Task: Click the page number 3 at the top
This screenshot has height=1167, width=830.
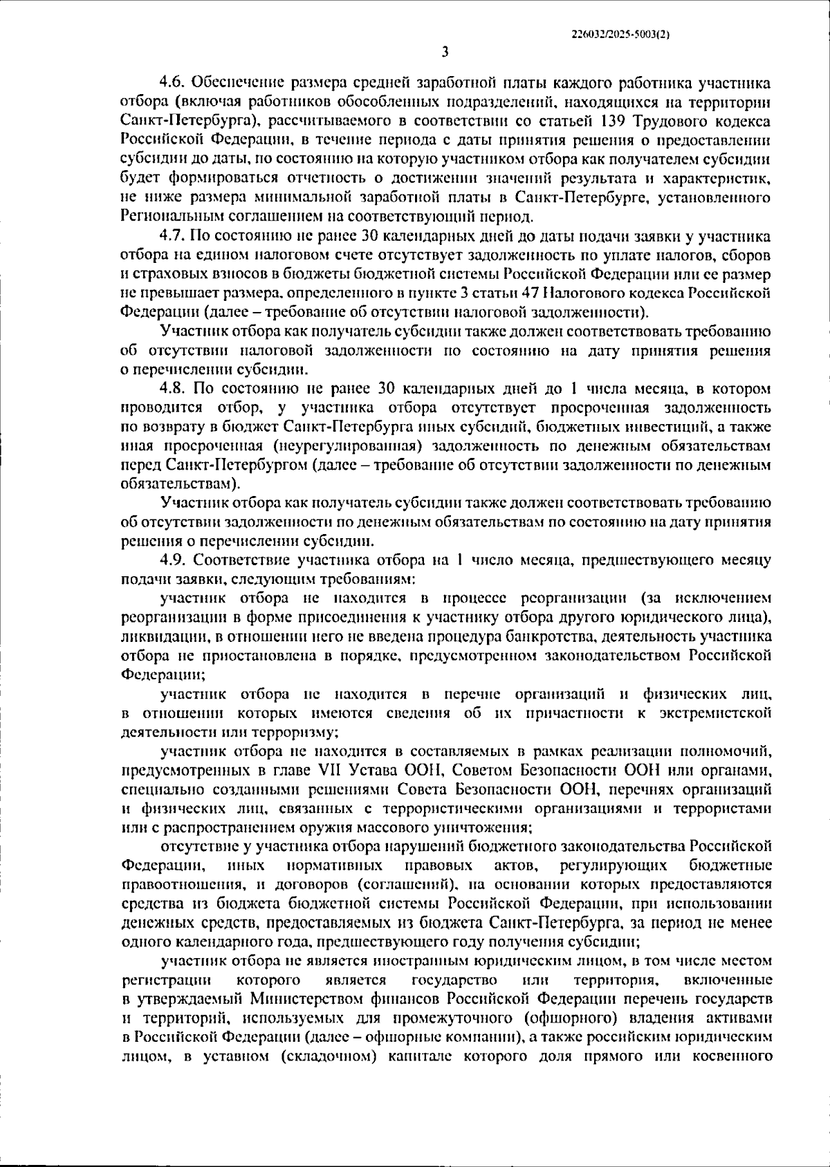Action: click(445, 52)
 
